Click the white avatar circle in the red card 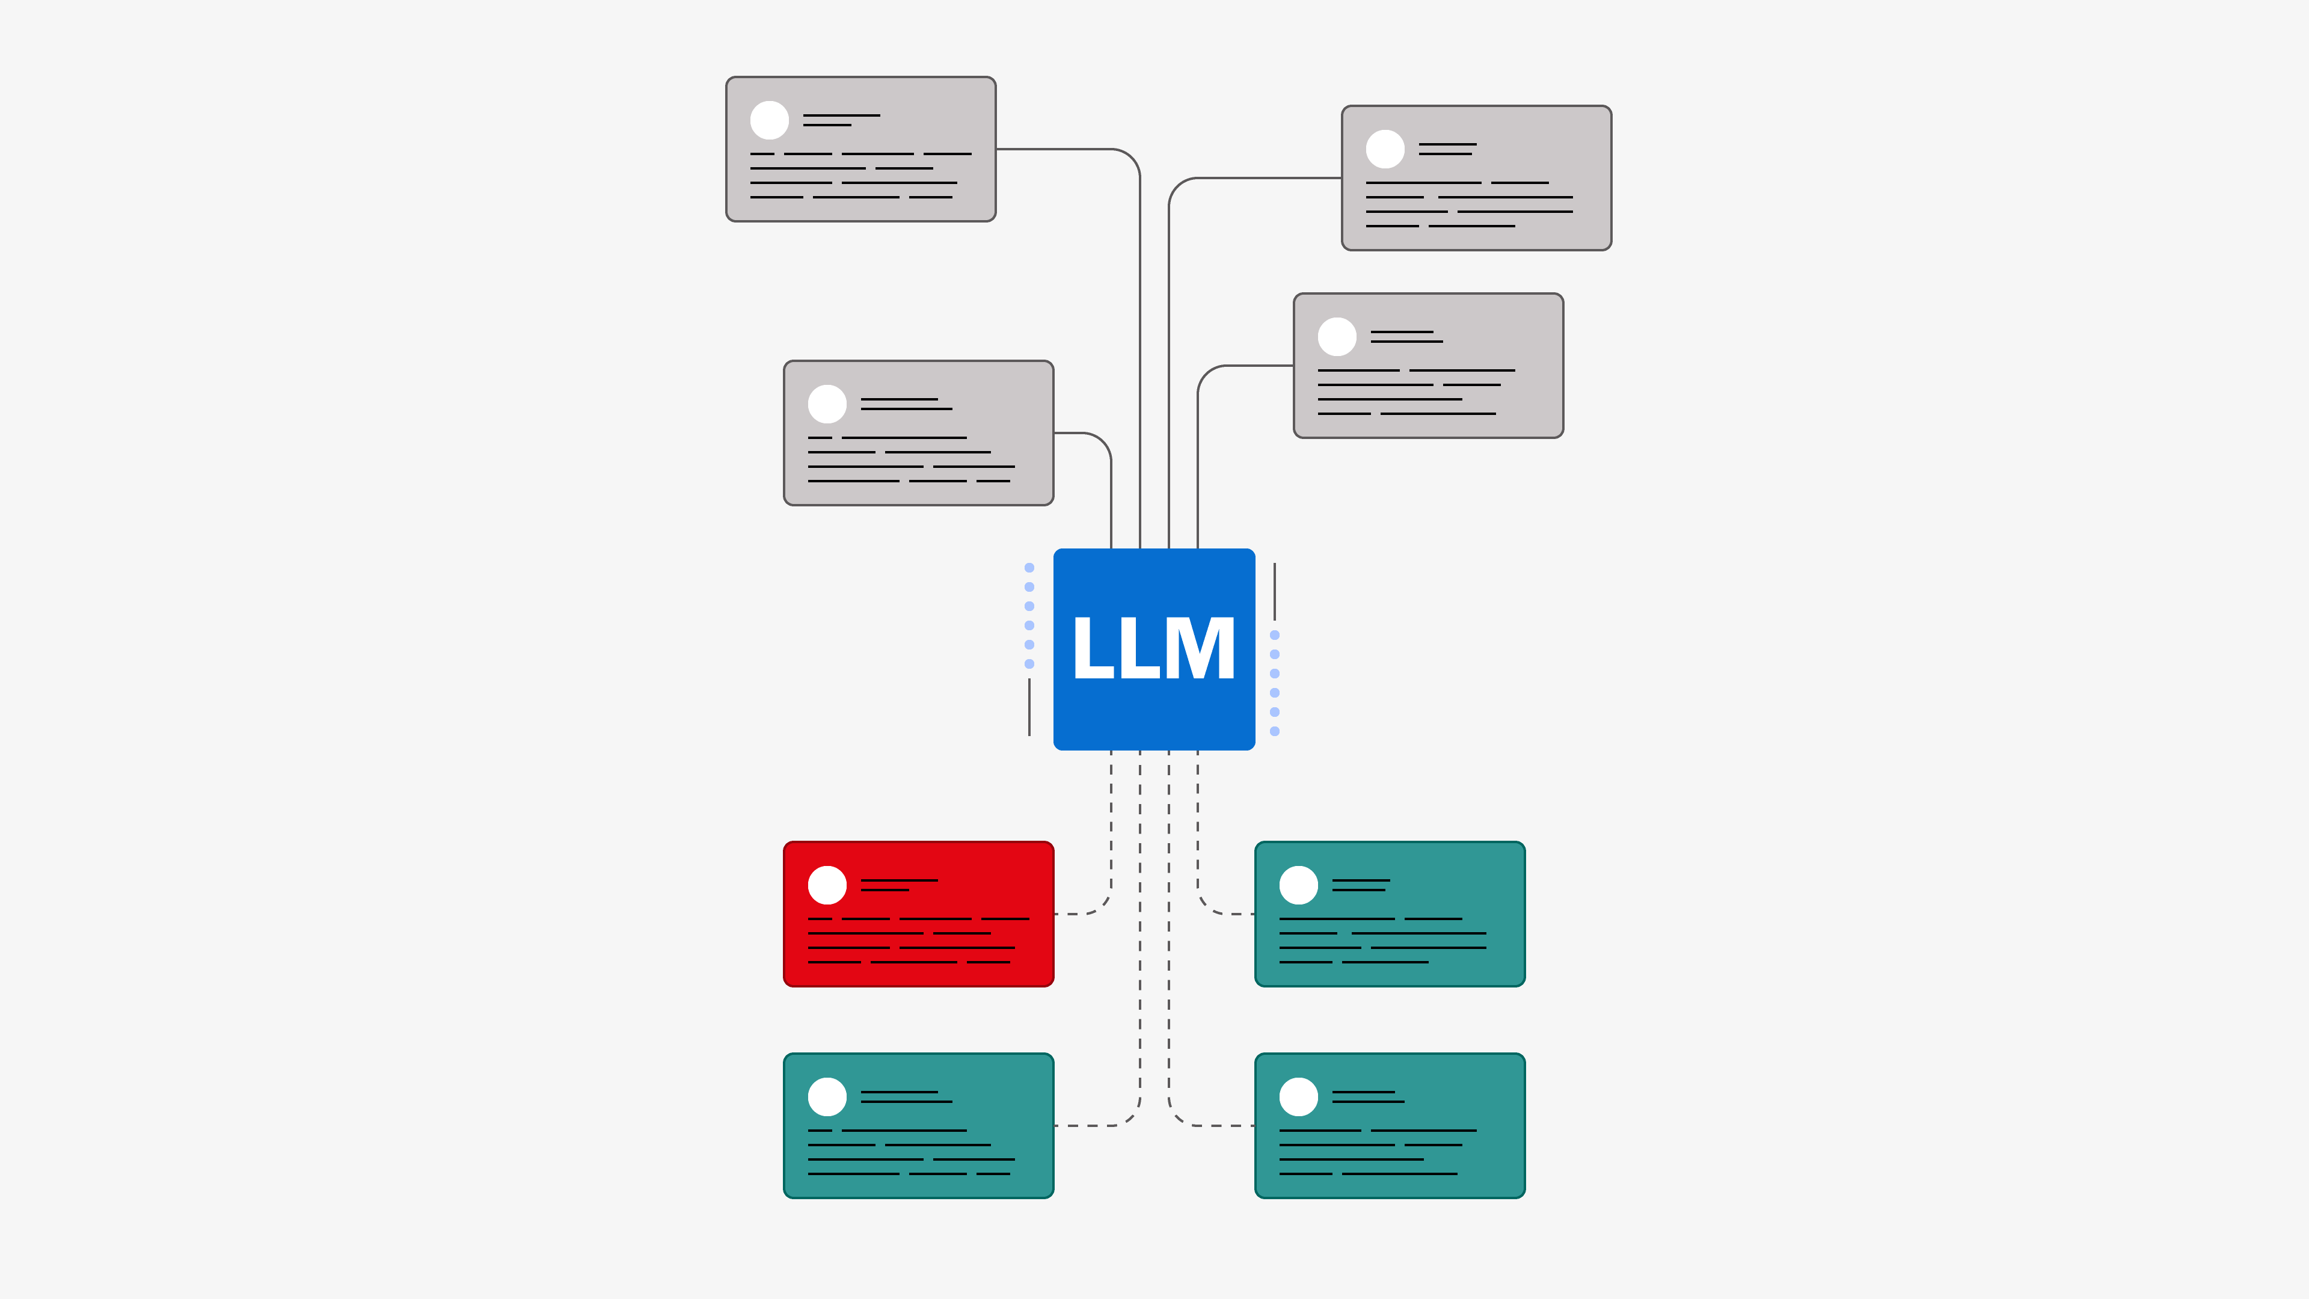point(827,885)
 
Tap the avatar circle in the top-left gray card point(769,120)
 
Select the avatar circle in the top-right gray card point(1385,149)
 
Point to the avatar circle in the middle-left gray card point(827,404)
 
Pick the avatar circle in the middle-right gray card point(1337,336)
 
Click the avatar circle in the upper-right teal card point(1298,885)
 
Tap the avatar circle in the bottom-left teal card point(827,1096)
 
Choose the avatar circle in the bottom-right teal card point(1298,1096)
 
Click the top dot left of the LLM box point(1029,568)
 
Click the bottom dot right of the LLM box point(1275,731)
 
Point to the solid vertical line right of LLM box point(1275,591)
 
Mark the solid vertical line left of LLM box point(1029,707)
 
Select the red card point(919,914)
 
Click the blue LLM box point(1154,649)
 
